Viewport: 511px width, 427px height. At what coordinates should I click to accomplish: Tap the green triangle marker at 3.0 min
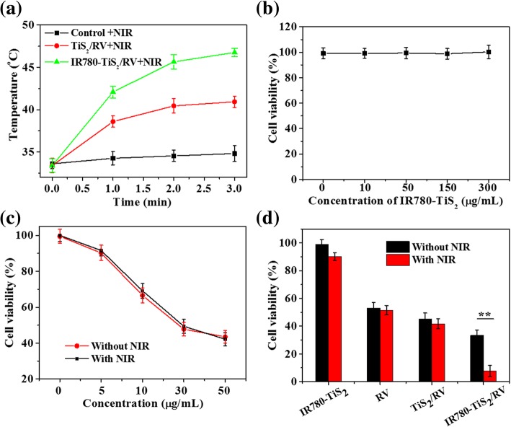234,52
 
